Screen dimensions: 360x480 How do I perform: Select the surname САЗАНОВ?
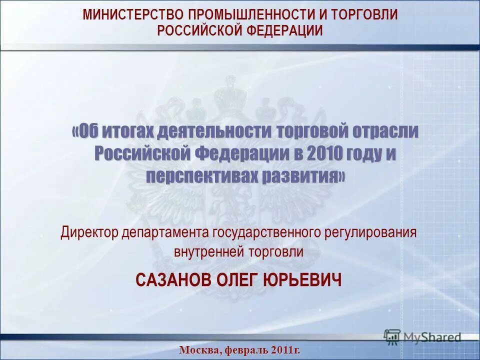pyautogui.click(x=172, y=280)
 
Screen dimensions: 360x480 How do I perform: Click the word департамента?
pyautogui.click(x=166, y=232)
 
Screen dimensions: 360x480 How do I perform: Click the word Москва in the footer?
pyautogui.click(x=198, y=350)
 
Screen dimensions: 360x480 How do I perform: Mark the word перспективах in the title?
pyautogui.click(x=201, y=175)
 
